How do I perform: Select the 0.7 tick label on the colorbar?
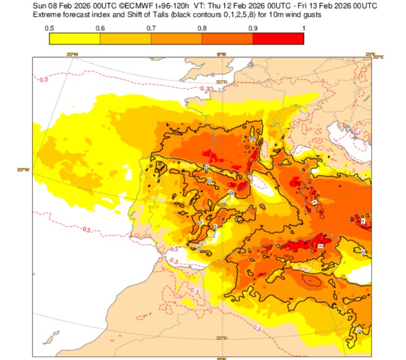tap(151, 28)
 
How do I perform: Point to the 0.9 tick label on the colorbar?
tap(253, 28)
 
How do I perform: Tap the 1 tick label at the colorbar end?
tap(303, 28)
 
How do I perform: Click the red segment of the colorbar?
tap(278, 38)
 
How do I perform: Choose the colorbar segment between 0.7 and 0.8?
tap(176, 38)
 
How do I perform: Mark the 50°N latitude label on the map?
tap(222, 82)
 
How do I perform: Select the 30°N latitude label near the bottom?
tap(222, 338)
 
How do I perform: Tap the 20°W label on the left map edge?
tap(23, 170)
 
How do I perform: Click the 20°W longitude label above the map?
tap(72, 54)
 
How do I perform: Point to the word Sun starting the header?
tap(40, 5)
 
